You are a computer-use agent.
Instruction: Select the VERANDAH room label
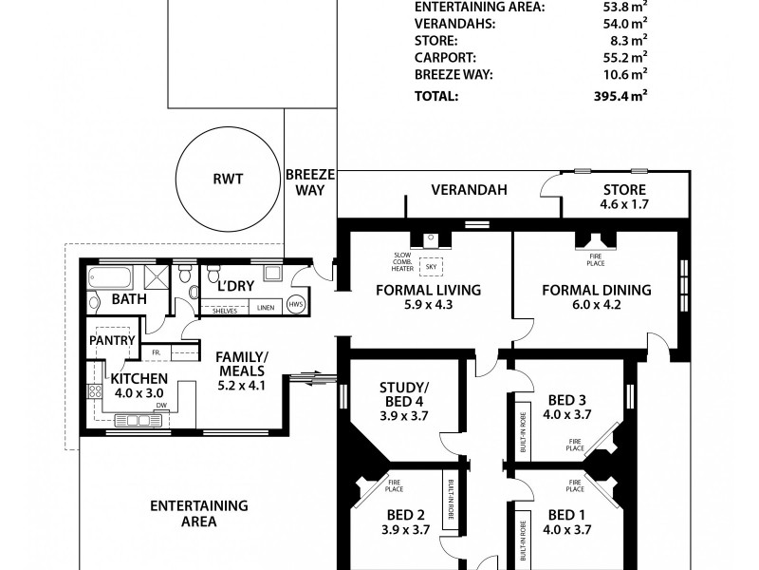pyautogui.click(x=469, y=190)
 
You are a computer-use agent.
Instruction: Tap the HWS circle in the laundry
pyautogui.click(x=295, y=305)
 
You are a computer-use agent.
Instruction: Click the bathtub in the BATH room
pyautogui.click(x=111, y=278)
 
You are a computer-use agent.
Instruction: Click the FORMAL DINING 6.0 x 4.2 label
pyautogui.click(x=595, y=297)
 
